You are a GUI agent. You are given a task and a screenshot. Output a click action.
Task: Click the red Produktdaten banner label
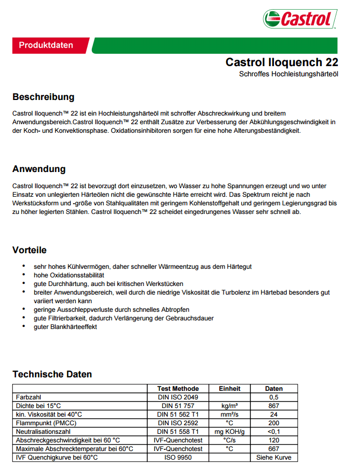pos(46,45)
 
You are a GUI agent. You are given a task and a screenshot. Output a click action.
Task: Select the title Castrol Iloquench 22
pos(282,62)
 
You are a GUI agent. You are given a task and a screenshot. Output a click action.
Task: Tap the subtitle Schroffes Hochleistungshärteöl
pos(289,74)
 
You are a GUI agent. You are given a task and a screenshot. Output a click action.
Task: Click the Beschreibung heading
pos(43,97)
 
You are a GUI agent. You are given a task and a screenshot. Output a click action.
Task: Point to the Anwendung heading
pos(39,169)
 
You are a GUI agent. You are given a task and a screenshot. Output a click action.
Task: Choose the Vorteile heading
pos(30,250)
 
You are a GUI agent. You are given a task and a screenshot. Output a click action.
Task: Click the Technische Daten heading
pos(52,374)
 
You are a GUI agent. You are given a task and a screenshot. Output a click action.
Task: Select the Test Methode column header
pos(178,389)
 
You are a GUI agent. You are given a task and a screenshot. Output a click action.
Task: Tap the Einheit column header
pos(229,389)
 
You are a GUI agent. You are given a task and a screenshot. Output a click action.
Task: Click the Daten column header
pos(273,389)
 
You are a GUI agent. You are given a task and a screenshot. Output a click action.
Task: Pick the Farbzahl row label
pos(27,397)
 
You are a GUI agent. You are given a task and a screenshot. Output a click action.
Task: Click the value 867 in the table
pos(273,406)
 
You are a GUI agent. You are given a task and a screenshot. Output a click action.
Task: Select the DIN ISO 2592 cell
pos(178,423)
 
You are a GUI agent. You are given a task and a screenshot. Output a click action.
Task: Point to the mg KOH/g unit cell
pos(229,432)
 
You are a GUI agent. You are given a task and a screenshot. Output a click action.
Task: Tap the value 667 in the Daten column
pos(273,449)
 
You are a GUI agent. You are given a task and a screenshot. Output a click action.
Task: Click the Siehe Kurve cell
pos(273,457)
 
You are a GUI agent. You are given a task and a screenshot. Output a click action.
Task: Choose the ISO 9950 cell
pos(178,457)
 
